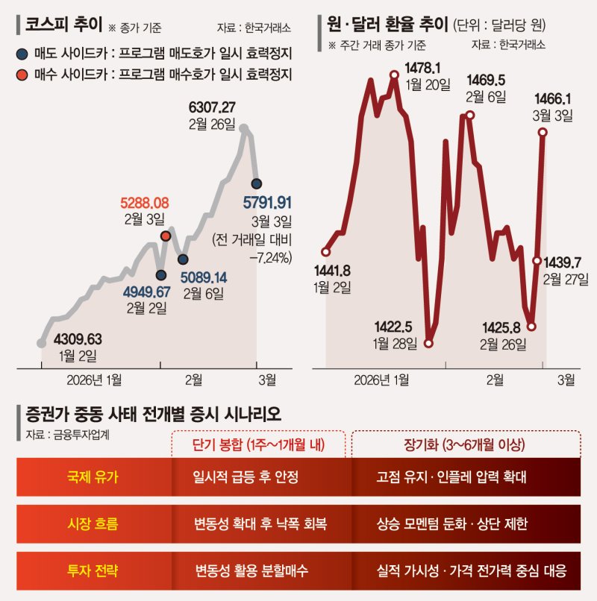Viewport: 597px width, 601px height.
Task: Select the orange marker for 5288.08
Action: [166, 236]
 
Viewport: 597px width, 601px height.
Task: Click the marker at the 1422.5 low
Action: [428, 343]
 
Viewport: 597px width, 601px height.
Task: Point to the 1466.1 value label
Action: [552, 98]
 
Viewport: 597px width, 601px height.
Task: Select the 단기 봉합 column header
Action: [257, 444]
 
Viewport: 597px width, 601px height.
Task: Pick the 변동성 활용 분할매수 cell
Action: [251, 571]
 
